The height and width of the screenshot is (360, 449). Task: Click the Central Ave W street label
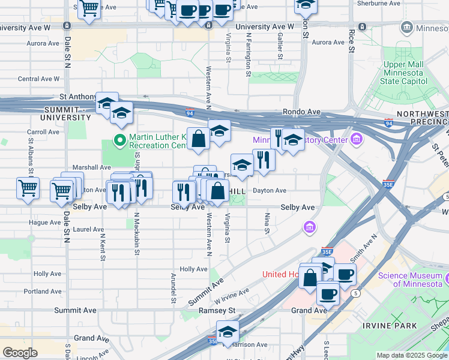click(39, 79)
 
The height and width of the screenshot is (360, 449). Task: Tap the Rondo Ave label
click(301, 112)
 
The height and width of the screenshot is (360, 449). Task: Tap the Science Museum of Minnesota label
click(413, 280)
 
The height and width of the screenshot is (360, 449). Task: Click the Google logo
click(20, 353)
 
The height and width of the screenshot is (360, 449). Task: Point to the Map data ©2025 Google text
click(412, 355)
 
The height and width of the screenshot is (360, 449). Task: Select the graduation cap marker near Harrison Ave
click(228, 331)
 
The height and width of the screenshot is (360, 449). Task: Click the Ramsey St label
click(217, 311)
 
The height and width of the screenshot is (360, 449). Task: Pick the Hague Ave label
click(44, 222)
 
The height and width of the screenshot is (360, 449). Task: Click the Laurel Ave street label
click(88, 229)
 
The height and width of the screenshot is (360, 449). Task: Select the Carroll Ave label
click(43, 132)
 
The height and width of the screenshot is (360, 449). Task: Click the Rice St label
click(351, 43)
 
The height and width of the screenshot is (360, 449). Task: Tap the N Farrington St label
click(248, 55)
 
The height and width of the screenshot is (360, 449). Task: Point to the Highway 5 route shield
click(357, 293)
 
